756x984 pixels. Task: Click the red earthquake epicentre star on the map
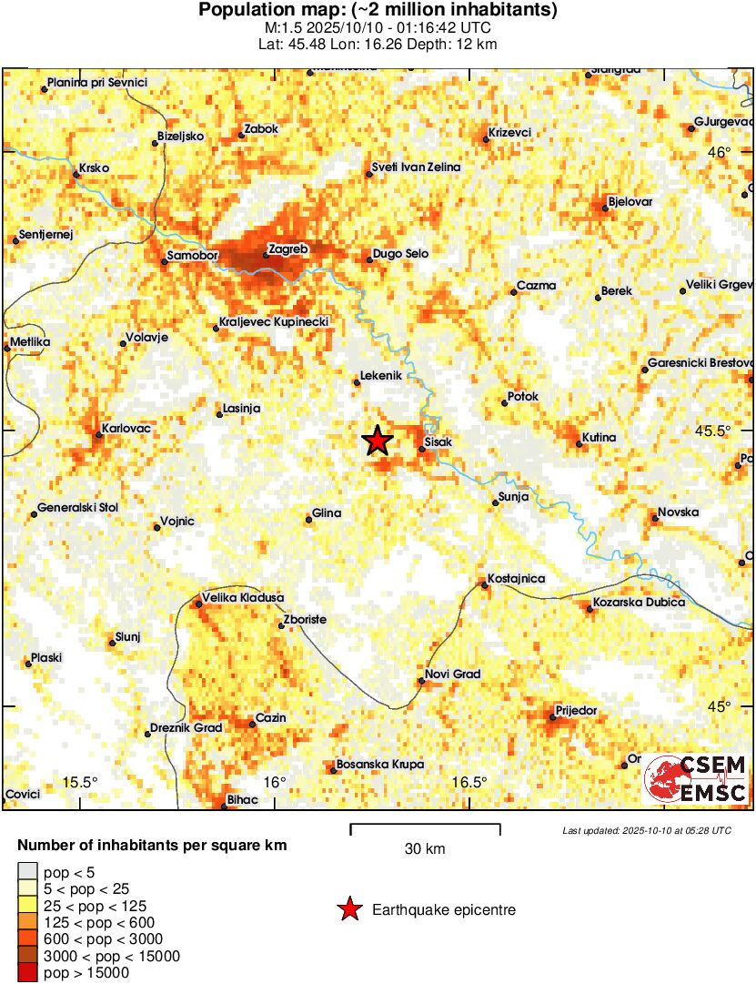tap(378, 441)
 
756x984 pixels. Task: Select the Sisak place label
tap(438, 445)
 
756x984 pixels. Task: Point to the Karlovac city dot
tap(99, 434)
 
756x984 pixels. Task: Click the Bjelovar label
tap(630, 202)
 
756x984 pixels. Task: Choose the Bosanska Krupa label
tap(380, 765)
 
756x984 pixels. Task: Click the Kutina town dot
tap(580, 444)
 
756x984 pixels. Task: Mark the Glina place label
tap(327, 513)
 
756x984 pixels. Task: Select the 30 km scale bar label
tap(425, 849)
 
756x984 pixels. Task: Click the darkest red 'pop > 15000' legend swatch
tap(27, 973)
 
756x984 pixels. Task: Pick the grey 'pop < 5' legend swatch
tap(27, 871)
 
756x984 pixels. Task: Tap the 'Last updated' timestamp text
tap(646, 830)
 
